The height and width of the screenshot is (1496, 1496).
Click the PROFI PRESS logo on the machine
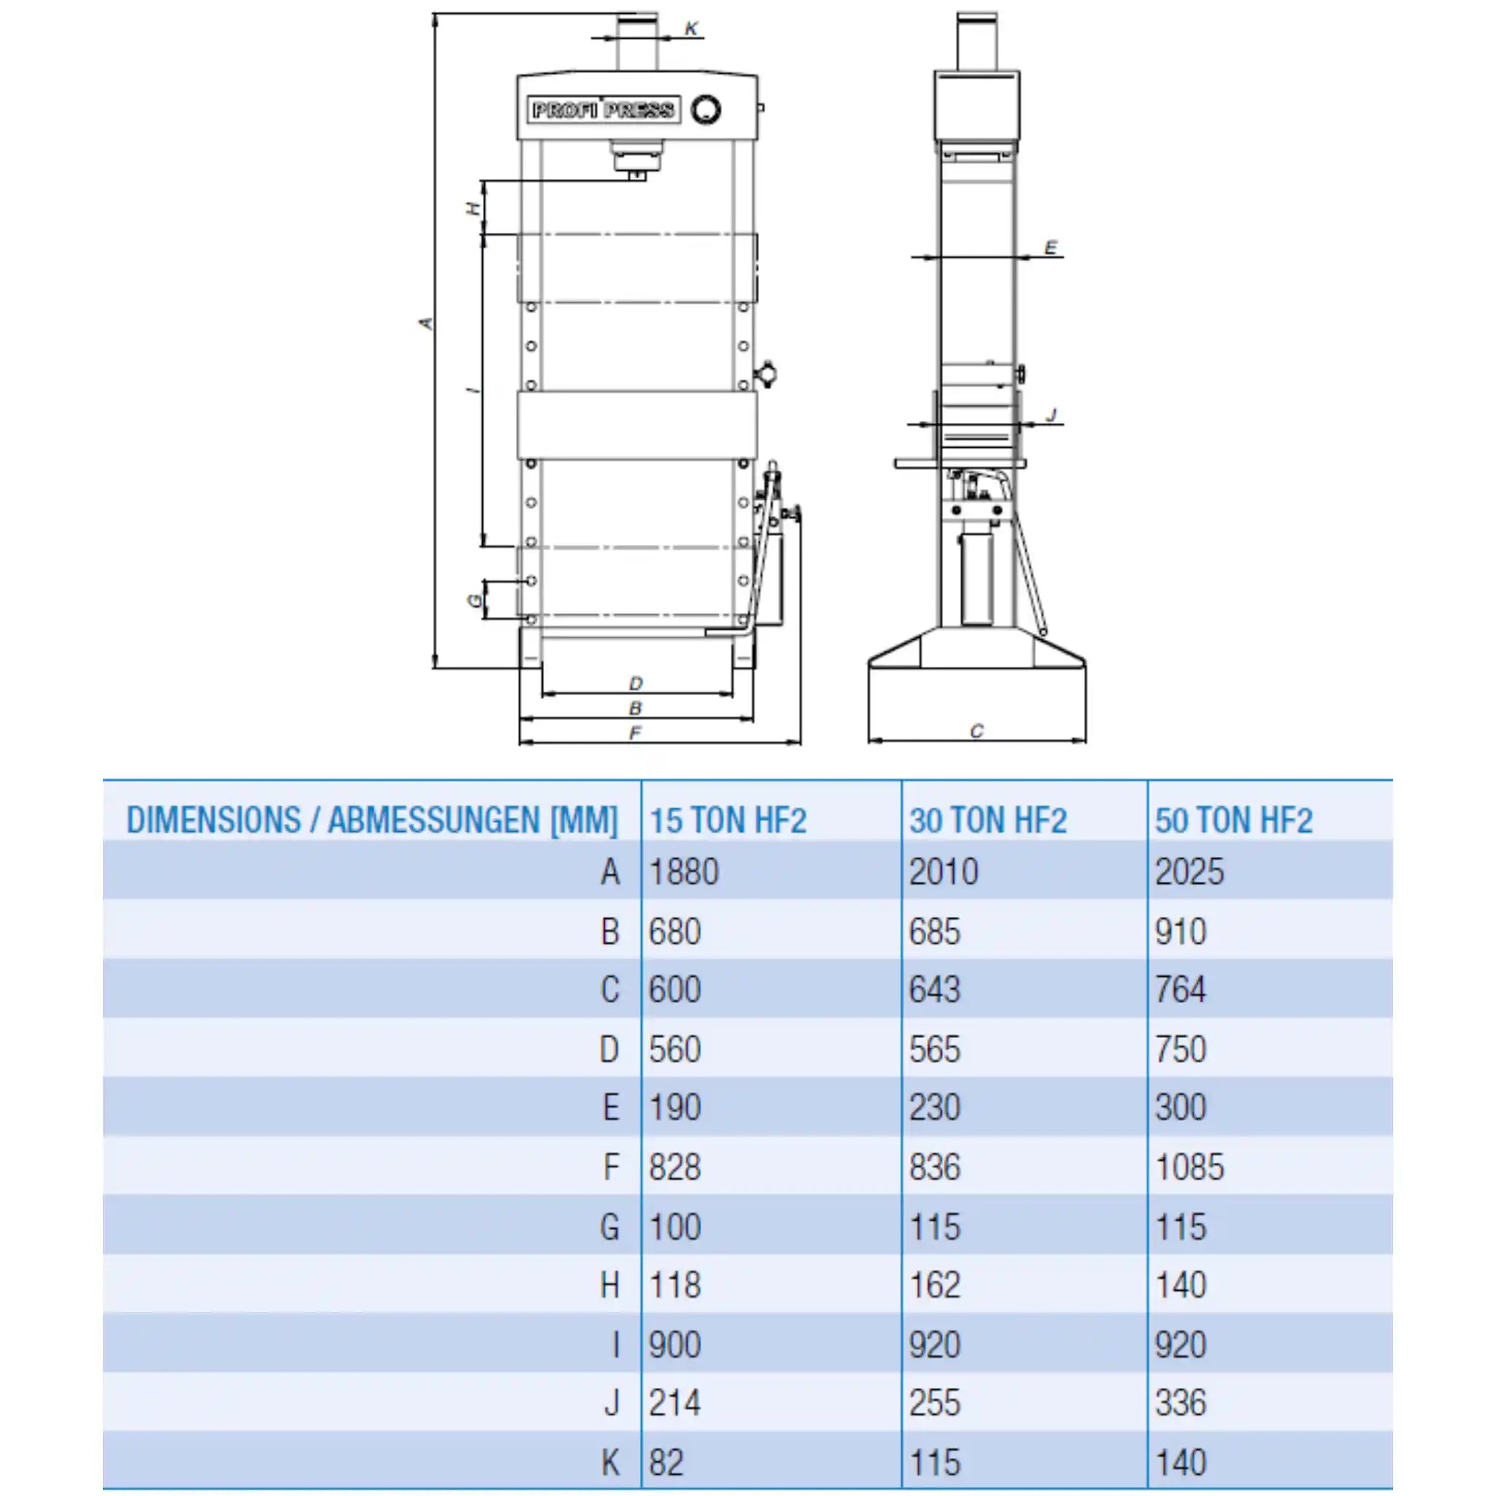pos(603,110)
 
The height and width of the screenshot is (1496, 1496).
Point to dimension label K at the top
pos(692,29)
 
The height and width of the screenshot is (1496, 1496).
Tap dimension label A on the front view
pos(426,323)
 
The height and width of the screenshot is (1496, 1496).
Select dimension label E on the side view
pos(1050,248)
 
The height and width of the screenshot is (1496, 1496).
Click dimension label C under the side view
pos(977,731)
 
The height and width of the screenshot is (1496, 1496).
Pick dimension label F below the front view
pos(635,733)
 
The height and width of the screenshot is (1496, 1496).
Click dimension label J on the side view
pos(1052,416)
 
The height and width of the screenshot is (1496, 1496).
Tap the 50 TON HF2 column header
pos(1234,821)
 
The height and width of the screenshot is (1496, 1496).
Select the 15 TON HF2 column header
pos(728,821)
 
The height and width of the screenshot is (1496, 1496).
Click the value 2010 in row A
pos(943,873)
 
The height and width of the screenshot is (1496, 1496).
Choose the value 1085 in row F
pos(1189,1167)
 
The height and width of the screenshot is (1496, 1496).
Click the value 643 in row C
pos(934,990)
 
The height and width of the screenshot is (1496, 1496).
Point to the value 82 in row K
pos(666,1462)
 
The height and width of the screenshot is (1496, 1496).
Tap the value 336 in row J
pos(1181,1403)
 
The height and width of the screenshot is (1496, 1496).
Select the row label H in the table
pos(610,1286)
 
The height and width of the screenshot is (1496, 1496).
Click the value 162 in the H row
pos(934,1286)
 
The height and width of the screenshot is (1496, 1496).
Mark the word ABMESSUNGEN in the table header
pos(434,821)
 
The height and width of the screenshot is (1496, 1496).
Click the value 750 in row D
pos(1181,1049)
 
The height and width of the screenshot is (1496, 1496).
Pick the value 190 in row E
pos(674,1108)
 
